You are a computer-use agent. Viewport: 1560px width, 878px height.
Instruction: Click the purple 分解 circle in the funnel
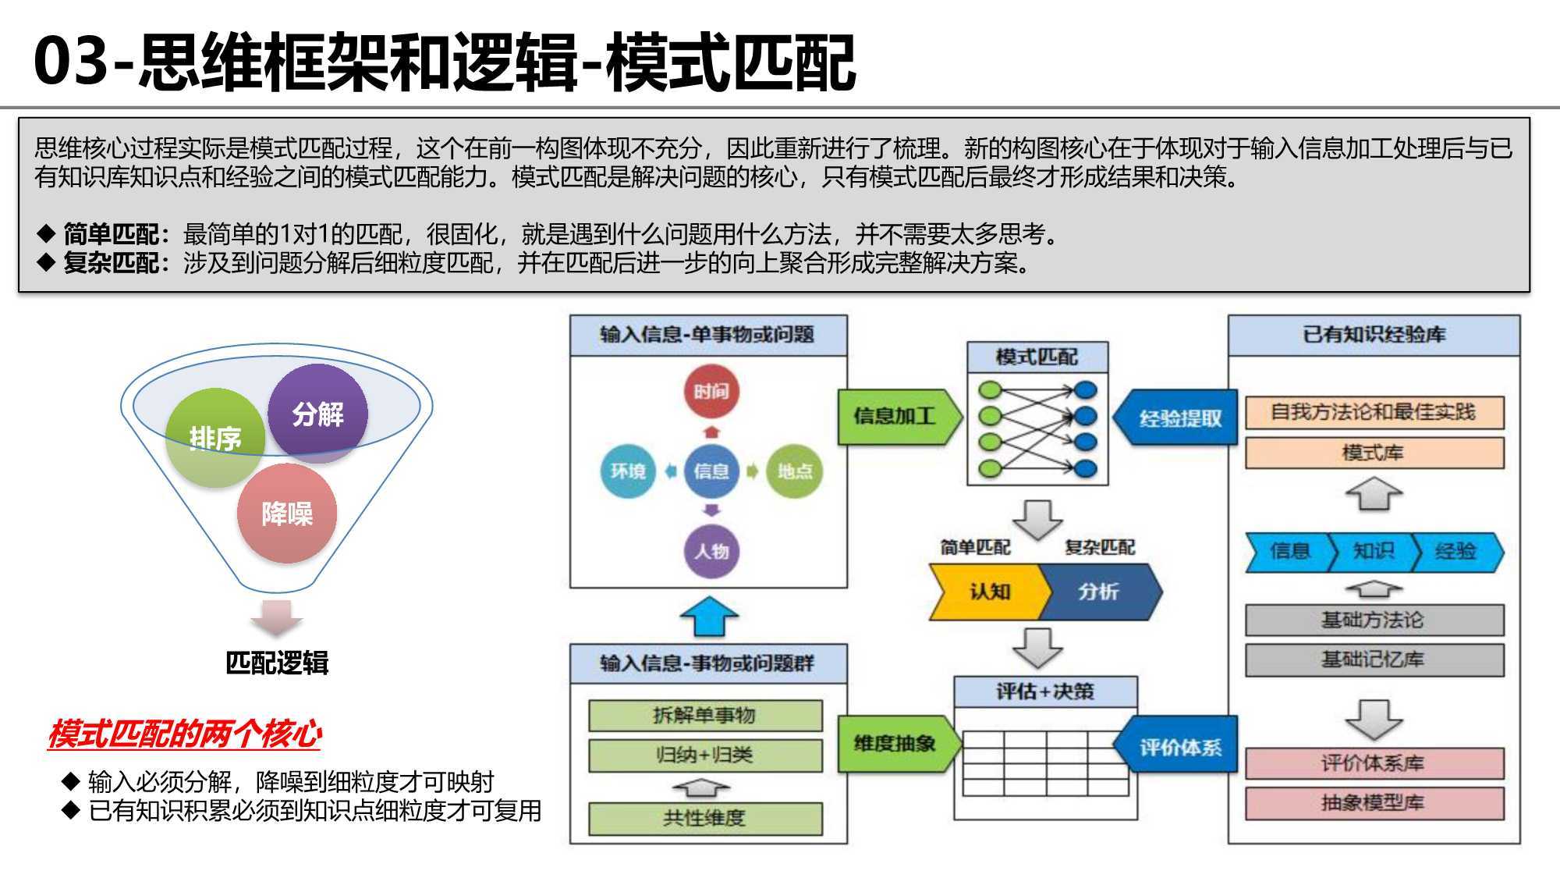tap(317, 413)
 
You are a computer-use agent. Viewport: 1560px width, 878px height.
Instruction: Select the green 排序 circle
tap(215, 438)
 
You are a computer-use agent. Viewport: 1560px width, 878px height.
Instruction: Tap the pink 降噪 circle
tap(287, 514)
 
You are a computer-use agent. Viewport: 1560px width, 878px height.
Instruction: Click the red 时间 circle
tap(711, 391)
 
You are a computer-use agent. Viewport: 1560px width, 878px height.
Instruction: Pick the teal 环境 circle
tap(628, 471)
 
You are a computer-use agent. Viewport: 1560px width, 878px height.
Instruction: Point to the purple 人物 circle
tap(711, 551)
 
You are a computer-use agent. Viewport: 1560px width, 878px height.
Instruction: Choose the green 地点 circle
tap(794, 471)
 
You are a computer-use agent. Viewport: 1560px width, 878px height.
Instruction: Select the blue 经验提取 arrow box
tap(1178, 418)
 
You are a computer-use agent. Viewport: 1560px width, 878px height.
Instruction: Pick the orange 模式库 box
tap(1374, 453)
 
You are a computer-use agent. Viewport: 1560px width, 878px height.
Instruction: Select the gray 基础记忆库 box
tap(1374, 660)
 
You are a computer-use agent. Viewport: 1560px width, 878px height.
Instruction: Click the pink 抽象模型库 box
tap(1374, 803)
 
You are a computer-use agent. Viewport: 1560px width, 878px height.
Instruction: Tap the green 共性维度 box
tap(705, 818)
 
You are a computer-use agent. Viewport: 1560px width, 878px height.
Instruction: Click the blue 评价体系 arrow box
tap(1178, 747)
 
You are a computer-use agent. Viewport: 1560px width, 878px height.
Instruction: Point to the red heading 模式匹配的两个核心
tap(185, 734)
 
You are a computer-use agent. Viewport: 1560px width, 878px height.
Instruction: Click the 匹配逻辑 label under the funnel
tap(277, 663)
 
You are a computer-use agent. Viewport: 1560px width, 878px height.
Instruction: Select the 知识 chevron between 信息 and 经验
tap(1373, 552)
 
